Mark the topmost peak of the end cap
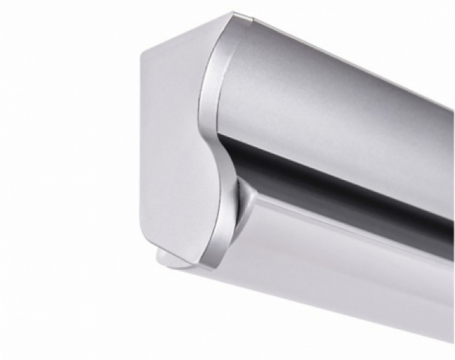[x=232, y=13]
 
